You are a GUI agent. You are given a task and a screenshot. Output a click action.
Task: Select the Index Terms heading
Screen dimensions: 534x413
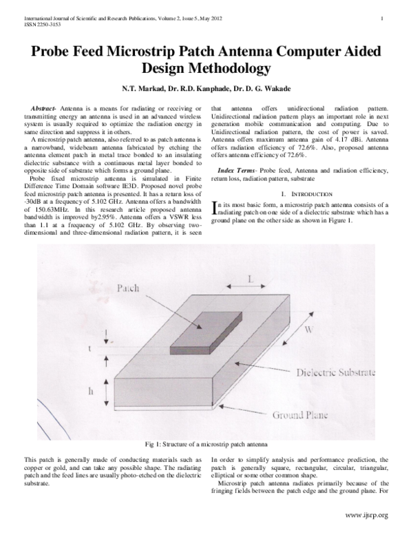coord(237,169)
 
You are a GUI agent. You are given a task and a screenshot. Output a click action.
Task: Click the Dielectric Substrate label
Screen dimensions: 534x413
coord(335,372)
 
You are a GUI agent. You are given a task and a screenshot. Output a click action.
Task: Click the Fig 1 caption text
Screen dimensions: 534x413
coord(206,444)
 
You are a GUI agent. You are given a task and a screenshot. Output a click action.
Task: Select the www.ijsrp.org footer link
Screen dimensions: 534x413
coord(367,515)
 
